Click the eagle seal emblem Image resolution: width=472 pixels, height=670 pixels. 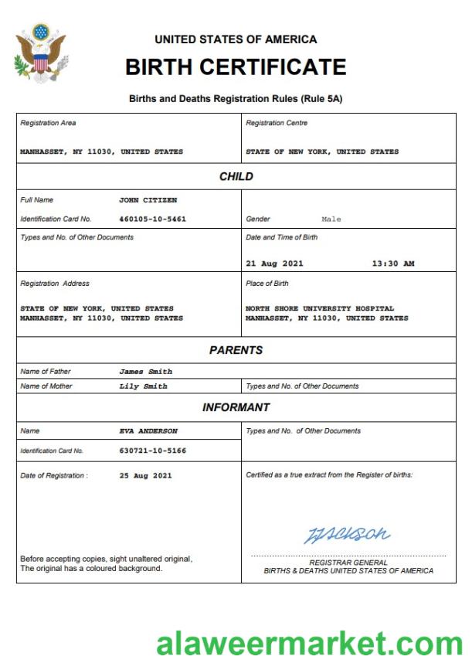click(x=40, y=54)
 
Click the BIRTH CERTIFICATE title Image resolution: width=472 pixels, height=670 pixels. click(x=236, y=67)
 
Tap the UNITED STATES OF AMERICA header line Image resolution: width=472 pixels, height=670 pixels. click(x=236, y=39)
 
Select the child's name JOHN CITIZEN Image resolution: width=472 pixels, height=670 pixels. click(x=148, y=200)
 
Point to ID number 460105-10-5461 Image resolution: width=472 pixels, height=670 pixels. click(x=152, y=219)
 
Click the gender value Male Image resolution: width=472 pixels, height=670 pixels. click(x=331, y=219)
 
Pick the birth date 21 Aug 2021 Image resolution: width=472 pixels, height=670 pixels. click(x=274, y=264)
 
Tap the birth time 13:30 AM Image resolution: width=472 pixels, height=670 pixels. click(x=393, y=264)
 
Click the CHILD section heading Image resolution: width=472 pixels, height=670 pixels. click(x=236, y=176)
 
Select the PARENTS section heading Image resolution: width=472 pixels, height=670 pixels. click(x=236, y=350)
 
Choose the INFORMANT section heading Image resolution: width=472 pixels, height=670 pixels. click(x=236, y=407)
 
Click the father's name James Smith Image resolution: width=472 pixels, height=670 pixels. click(x=146, y=372)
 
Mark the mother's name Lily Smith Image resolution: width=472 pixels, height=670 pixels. click(x=143, y=386)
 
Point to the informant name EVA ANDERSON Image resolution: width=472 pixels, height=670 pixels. click(x=148, y=430)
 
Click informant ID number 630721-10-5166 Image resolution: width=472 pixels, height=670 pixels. click(x=152, y=450)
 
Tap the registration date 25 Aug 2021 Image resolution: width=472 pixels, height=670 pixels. click(x=146, y=475)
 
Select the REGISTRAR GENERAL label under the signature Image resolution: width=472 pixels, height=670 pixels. click(x=348, y=563)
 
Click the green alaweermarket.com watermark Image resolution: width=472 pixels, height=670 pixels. click(x=309, y=643)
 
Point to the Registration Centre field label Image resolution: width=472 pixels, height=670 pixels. click(x=277, y=123)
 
